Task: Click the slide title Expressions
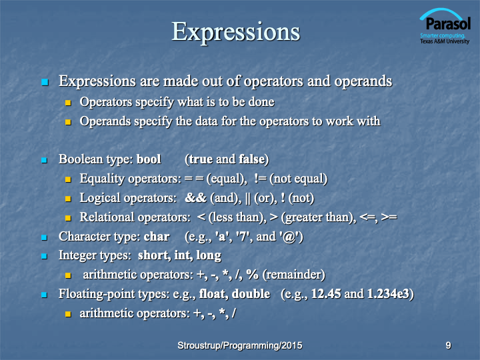point(236,32)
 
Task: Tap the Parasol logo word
point(448,23)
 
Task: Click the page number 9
point(448,345)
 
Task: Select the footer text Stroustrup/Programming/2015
point(240,345)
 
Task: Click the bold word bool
point(149,159)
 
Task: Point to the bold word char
point(157,237)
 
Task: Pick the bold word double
point(251,294)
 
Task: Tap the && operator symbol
point(195,198)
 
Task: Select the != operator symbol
point(260,179)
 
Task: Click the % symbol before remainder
point(252,274)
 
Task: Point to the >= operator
point(389,217)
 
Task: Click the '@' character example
point(288,237)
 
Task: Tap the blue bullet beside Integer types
point(45,256)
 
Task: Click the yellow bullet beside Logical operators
point(68,199)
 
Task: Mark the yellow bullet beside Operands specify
point(68,122)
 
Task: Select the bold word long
point(209,255)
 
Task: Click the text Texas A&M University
point(445,41)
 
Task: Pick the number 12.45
point(326,294)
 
